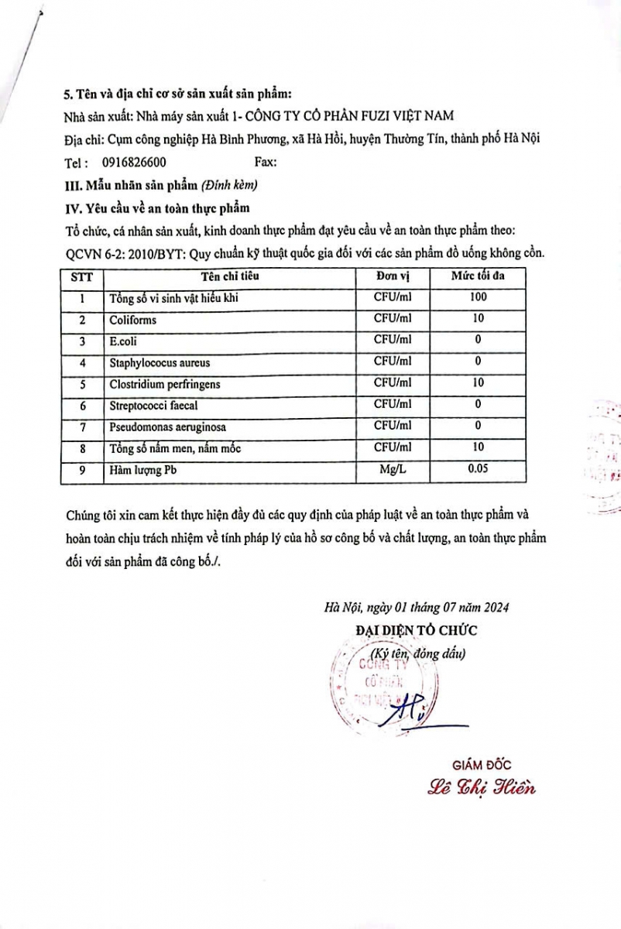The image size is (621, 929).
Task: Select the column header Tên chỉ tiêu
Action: [x=229, y=276]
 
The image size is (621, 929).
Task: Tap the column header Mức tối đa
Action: [x=478, y=276]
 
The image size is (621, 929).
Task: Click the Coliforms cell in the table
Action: [x=133, y=319]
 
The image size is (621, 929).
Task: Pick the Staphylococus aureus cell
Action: [x=160, y=362]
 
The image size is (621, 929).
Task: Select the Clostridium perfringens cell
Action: [x=164, y=383]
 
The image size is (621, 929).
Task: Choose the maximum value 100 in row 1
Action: [x=478, y=297]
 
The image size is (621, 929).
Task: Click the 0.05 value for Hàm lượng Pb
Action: [x=478, y=469]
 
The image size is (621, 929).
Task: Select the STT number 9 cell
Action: [x=81, y=469]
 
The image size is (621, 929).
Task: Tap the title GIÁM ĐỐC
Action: [x=481, y=765]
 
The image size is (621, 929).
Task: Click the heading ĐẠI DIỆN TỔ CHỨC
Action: [x=416, y=630]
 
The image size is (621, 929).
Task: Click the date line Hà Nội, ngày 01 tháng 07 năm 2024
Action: [x=416, y=608]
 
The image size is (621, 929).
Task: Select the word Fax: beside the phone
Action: [x=266, y=163]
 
